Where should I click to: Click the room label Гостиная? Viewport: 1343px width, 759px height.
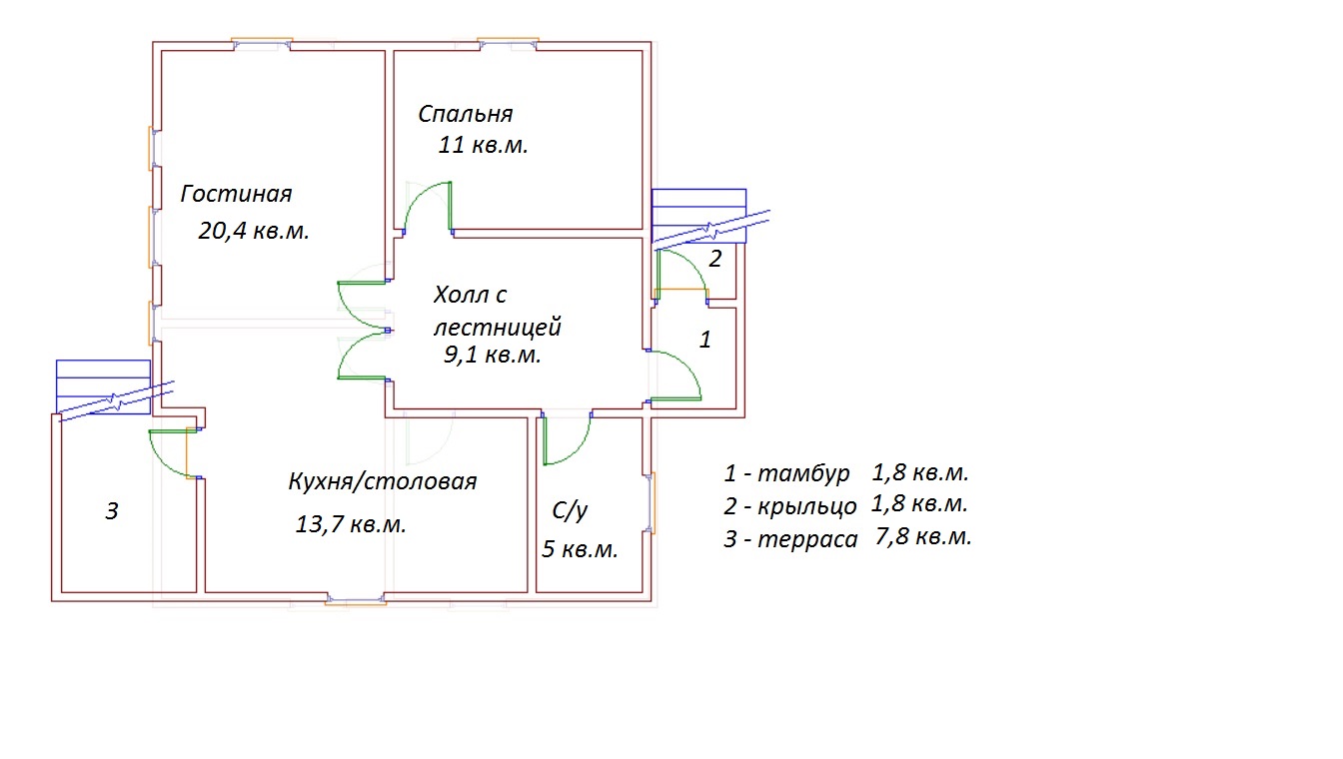click(x=236, y=194)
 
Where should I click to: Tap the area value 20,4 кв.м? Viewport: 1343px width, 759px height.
click(x=254, y=232)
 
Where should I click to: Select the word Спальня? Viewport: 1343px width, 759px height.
click(x=466, y=114)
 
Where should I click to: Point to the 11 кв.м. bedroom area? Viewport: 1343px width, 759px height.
click(x=483, y=146)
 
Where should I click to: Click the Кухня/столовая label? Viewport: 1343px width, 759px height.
click(x=382, y=481)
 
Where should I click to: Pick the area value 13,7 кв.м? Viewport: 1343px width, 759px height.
click(x=351, y=524)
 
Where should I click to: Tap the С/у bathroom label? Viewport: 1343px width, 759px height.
click(x=570, y=511)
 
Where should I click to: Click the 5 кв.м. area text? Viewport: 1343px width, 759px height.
click(x=581, y=549)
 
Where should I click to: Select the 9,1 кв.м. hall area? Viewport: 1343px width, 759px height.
click(x=493, y=355)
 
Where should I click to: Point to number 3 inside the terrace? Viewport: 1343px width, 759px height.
click(x=113, y=512)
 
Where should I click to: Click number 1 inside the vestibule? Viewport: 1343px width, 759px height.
click(x=704, y=340)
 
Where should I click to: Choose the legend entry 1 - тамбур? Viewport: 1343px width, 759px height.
click(x=787, y=472)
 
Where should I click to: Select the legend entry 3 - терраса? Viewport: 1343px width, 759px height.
click(x=791, y=540)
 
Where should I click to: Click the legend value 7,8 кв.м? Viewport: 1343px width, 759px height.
click(x=922, y=537)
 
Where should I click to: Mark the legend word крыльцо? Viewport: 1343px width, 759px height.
click(x=807, y=506)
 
